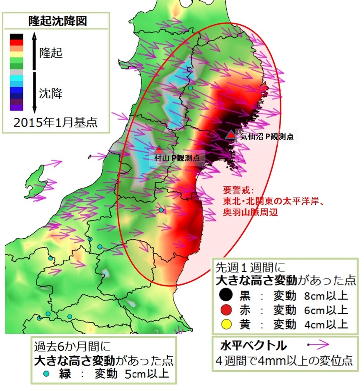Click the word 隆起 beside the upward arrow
tap(51, 53)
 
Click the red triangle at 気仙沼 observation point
tap(231, 135)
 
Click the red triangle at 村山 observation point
tap(159, 149)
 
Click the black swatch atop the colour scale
tap(16, 36)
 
